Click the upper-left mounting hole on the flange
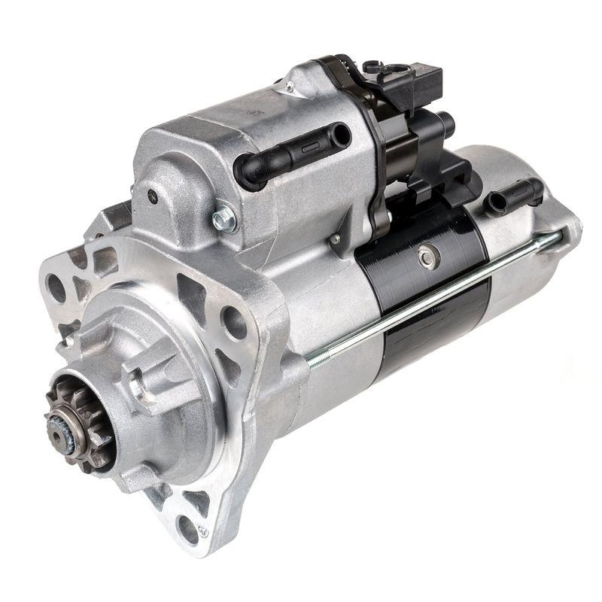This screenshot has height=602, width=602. tap(57, 287)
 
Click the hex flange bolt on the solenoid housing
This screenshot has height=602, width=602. tap(223, 219)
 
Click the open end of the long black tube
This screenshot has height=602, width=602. tap(340, 135)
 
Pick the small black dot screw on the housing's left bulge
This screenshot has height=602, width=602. tap(154, 198)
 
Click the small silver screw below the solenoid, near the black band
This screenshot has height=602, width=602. tap(334, 240)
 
